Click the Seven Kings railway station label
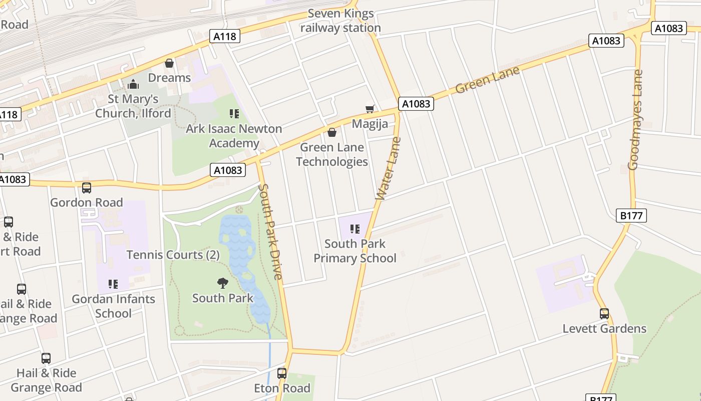click(340, 21)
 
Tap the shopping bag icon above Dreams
click(169, 63)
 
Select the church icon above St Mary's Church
click(133, 84)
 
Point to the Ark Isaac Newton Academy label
click(234, 136)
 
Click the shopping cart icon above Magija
click(370, 109)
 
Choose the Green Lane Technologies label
click(331, 154)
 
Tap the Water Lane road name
click(389, 168)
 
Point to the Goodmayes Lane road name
click(635, 120)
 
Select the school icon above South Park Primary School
click(355, 229)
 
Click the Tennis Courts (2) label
click(173, 255)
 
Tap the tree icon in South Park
click(223, 283)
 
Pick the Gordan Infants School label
click(113, 306)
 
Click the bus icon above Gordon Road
click(87, 188)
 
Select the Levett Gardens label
click(604, 329)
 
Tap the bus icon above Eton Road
click(282, 373)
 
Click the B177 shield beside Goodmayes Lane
click(631, 216)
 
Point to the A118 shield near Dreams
click(225, 36)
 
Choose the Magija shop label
click(370, 123)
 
